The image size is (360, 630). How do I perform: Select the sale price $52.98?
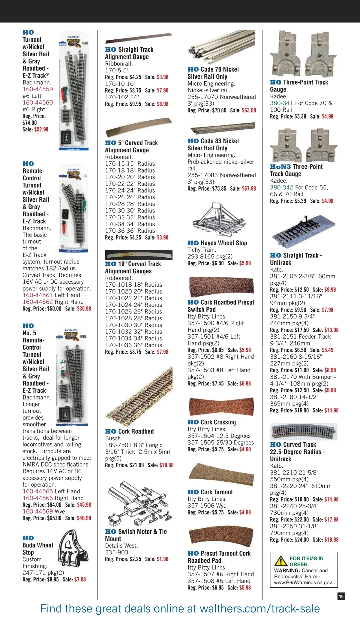pyautogui.click(x=41, y=129)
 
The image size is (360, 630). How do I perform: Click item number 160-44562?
pyautogui.click(x=38, y=302)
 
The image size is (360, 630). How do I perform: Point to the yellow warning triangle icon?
pyautogui.click(x=281, y=561)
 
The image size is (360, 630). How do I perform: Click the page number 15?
pyautogui.click(x=341, y=596)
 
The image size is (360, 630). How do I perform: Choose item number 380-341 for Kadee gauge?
pyautogui.click(x=281, y=103)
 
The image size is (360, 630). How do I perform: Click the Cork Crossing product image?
pyautogui.click(x=221, y=407)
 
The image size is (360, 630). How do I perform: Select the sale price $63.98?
pyautogui.click(x=249, y=110)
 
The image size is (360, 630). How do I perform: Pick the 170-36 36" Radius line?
pyautogui.click(x=130, y=231)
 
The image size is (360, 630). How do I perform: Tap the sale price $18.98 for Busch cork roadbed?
pyautogui.click(x=166, y=465)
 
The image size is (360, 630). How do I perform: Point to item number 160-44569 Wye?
pyautogui.click(x=38, y=511)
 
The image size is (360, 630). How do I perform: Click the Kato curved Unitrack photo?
pyautogui.click(x=304, y=432)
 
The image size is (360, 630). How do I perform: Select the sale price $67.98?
pyautogui.click(x=249, y=189)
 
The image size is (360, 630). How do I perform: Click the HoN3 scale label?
pyautogui.click(x=280, y=167)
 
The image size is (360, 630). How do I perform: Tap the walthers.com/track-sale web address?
pyautogui.click(x=259, y=609)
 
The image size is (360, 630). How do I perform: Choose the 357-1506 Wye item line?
pyautogui.click(x=207, y=506)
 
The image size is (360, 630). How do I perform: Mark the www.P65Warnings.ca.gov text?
pyautogui.click(x=303, y=583)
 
